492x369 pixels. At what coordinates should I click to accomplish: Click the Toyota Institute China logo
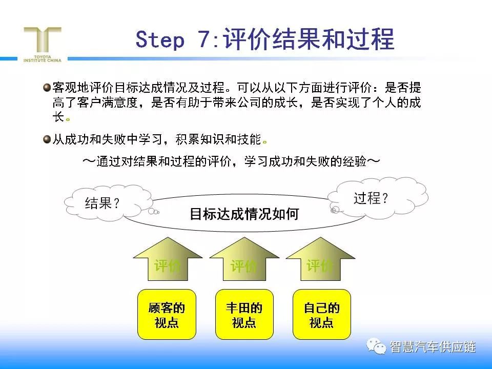(43, 45)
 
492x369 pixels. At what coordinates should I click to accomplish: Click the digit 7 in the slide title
(204, 39)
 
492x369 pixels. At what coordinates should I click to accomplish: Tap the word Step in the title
(160, 39)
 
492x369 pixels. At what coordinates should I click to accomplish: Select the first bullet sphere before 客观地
(47, 87)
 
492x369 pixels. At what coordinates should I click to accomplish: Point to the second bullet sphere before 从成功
(47, 139)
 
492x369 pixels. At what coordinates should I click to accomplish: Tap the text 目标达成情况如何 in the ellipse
(244, 214)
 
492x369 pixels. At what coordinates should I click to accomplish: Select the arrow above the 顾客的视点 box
(168, 259)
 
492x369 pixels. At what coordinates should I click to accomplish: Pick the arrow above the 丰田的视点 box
(244, 259)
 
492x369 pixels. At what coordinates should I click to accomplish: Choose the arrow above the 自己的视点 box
(320, 259)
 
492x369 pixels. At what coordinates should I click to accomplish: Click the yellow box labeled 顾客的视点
(167, 314)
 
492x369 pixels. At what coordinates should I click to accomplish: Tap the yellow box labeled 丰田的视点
(244, 314)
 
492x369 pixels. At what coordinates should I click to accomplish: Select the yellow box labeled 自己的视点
(322, 314)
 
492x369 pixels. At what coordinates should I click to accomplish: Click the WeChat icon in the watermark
(376, 346)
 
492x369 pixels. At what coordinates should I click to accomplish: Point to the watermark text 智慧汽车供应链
(433, 347)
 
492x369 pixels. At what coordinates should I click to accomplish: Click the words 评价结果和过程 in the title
(309, 39)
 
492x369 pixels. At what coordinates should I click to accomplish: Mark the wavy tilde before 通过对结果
(89, 161)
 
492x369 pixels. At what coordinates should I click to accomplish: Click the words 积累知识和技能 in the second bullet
(218, 139)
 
